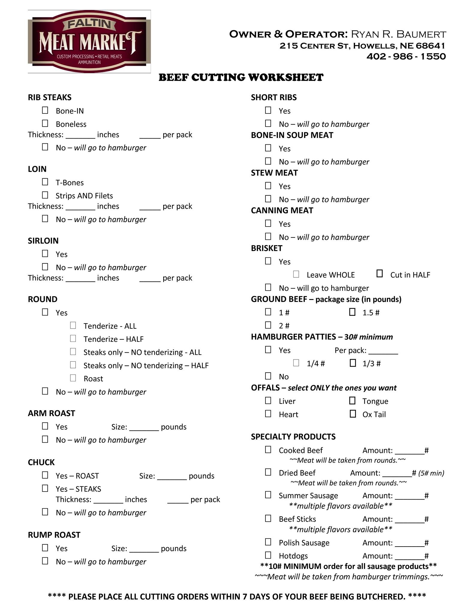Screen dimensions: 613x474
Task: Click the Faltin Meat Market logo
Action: click(89, 41)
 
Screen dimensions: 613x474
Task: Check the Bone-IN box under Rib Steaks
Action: click(45, 110)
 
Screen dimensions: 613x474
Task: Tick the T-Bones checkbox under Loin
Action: click(45, 182)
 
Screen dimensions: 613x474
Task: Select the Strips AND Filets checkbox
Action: click(45, 195)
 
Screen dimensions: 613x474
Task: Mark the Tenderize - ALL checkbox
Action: click(73, 325)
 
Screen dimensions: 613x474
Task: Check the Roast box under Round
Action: click(73, 378)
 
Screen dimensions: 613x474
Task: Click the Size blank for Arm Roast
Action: click(144, 427)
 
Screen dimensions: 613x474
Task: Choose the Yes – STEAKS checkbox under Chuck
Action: click(45, 488)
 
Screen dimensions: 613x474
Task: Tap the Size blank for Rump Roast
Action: click(144, 549)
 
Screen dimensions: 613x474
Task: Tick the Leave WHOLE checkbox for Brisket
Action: click(296, 274)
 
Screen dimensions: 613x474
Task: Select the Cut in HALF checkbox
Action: click(380, 274)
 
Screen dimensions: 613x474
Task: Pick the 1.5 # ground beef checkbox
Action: click(352, 312)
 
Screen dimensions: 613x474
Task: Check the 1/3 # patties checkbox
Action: click(353, 363)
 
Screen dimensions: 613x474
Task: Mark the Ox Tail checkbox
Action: click(353, 414)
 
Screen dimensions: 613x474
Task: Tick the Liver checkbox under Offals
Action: click(268, 401)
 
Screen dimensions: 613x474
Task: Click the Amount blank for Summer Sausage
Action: click(410, 496)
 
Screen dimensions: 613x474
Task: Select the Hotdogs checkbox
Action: click(268, 556)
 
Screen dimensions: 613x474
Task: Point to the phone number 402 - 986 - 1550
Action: click(406, 56)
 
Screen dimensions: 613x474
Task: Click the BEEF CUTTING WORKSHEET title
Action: click(241, 78)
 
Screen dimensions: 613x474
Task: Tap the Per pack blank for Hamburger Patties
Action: click(383, 351)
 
